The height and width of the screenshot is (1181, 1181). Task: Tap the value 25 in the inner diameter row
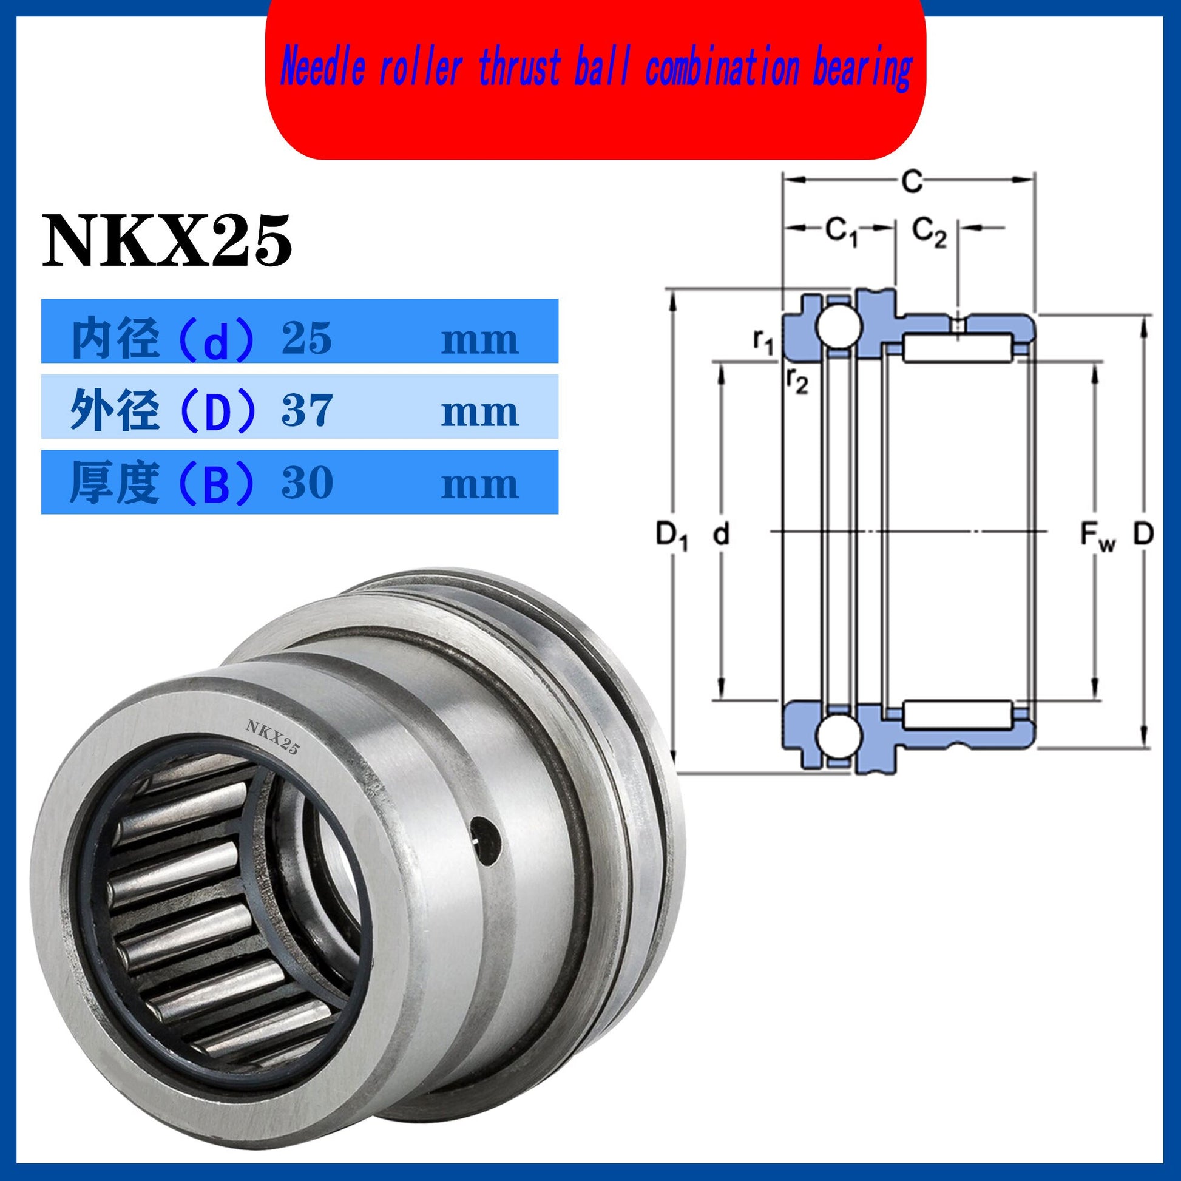[307, 338]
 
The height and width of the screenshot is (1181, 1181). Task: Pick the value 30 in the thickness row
[307, 483]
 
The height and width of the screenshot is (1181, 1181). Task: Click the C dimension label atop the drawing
[911, 181]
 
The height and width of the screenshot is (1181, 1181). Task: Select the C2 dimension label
[929, 233]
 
